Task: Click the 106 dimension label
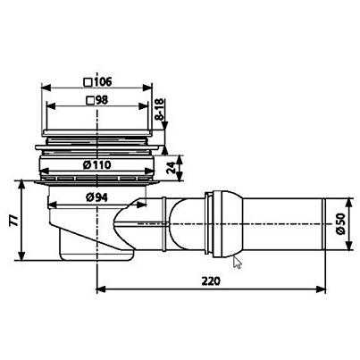pos(103,81)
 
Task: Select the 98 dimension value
pos(102,100)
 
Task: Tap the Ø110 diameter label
pos(97,164)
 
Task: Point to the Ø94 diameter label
pos(96,197)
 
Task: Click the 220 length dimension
pos(211,280)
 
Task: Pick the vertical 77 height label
pos(13,221)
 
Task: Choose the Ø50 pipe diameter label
pos(341,223)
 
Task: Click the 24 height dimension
pos(171,168)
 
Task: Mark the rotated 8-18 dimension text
pos(160,109)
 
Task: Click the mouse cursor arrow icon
pos(237,263)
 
